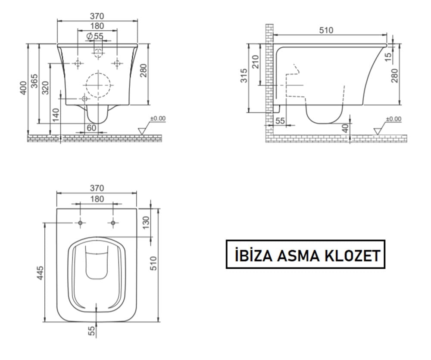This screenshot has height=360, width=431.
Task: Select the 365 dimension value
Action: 35,82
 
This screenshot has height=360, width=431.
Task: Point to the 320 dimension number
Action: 46,87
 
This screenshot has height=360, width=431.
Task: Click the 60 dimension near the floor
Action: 91,128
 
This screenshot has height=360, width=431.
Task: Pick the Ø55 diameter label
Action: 95,37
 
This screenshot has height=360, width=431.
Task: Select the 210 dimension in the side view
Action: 256,63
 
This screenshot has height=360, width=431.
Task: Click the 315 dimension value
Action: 244,77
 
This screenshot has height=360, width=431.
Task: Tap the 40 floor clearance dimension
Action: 345,127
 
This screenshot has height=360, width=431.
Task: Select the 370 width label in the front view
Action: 97,16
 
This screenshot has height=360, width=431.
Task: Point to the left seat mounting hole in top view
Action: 81,223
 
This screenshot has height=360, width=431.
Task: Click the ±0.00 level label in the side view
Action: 393,119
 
